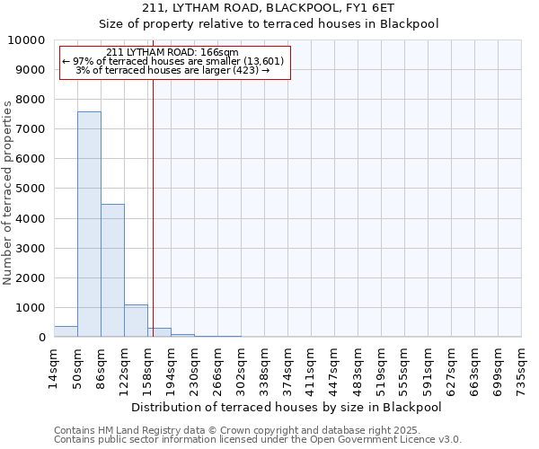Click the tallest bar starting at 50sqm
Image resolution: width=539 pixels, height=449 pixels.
[89, 224]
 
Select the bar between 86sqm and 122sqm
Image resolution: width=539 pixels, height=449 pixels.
[112, 270]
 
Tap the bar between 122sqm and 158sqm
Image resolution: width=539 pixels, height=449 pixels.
[136, 321]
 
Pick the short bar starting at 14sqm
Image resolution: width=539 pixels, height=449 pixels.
[66, 331]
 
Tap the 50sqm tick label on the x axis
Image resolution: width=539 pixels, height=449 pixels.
[78, 367]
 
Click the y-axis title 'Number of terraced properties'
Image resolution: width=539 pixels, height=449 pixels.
[8, 192]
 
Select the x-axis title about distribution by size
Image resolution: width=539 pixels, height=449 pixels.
[287, 407]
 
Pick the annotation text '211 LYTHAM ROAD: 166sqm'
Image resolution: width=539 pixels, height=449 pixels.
[172, 53]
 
